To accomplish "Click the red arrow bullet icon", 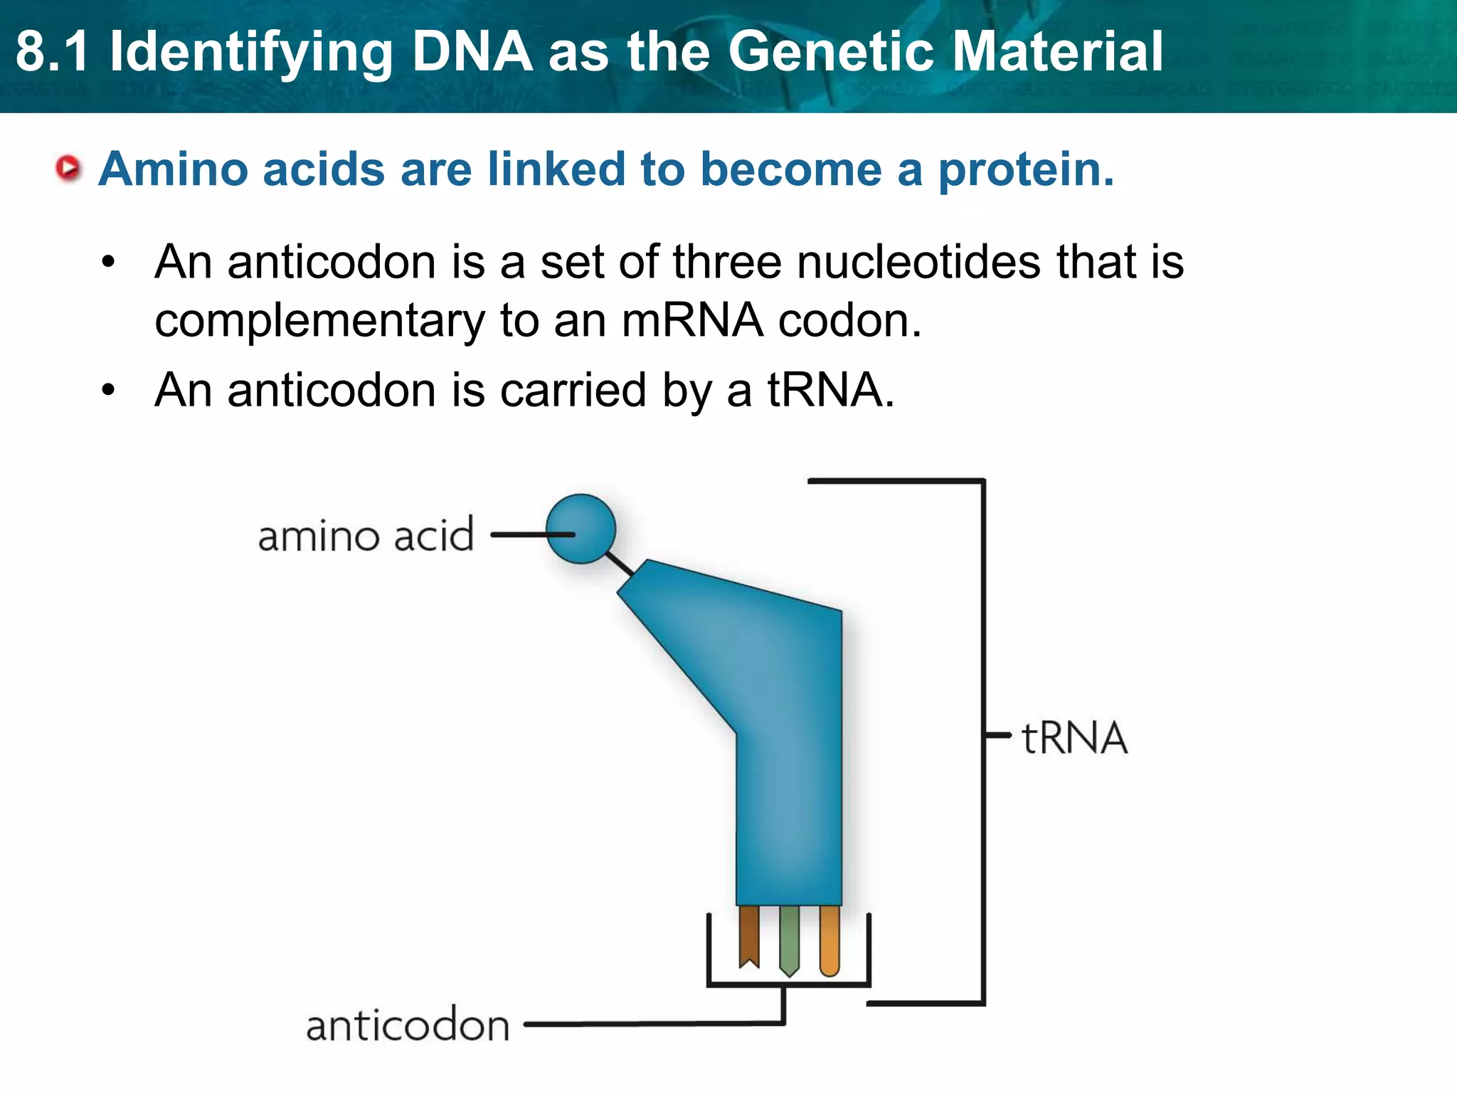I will pos(68,169).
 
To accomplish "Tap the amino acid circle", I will pos(581,529).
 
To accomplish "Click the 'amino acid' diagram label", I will pos(366,535).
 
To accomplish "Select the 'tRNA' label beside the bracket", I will pos(1074,738).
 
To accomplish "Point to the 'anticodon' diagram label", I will pos(408,1026).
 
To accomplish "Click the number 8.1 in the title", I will pos(53,51).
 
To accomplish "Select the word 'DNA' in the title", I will pos(472,51).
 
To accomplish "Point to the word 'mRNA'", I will pos(692,320).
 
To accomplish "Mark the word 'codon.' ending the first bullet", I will pos(850,320).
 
